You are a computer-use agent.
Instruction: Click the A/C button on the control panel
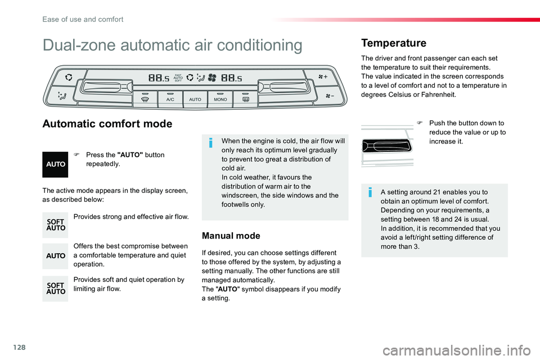(169, 98)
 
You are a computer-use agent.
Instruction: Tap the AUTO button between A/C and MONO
(195, 98)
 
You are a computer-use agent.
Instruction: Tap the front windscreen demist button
(145, 98)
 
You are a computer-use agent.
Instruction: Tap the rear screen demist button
(245, 98)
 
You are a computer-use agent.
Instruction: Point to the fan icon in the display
(213, 78)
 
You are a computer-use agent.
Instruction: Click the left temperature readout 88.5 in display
(159, 78)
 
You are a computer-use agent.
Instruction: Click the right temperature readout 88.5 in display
(232, 78)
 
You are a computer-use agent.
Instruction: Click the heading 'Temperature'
(394, 43)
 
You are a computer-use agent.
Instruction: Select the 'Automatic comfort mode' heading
(107, 124)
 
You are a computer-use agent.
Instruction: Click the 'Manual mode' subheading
(231, 236)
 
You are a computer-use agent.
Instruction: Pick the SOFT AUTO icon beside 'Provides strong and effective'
(55, 225)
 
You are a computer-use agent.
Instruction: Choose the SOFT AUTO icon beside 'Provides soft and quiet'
(55, 289)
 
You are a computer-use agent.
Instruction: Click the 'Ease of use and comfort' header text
(83, 19)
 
